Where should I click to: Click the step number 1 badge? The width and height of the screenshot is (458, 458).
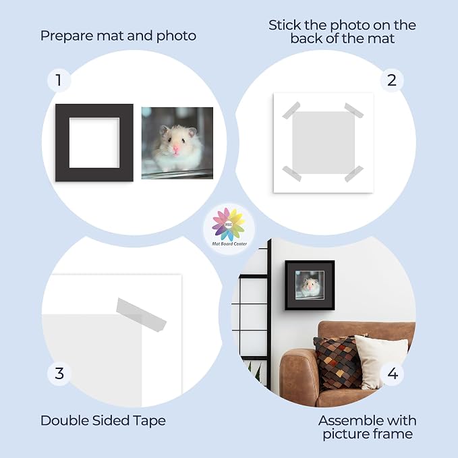coord(59,80)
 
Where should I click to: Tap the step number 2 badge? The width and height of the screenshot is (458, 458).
coord(392,80)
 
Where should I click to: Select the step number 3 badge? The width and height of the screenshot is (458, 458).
coord(59,374)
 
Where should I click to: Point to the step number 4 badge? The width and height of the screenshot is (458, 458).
coord(393,374)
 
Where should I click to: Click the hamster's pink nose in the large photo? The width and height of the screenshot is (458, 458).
coord(175,149)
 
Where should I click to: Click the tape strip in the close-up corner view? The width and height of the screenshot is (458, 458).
coord(142,315)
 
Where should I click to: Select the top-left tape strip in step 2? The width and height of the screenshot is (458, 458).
coord(291,110)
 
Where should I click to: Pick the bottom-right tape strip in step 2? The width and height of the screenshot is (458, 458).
coord(354,174)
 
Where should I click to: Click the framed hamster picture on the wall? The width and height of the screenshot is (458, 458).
coord(310,285)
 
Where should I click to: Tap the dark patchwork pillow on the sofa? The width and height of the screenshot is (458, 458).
coord(339,362)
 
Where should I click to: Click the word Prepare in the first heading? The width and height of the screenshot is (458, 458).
coord(67,36)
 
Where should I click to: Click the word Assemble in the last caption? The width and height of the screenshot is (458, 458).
coord(356,421)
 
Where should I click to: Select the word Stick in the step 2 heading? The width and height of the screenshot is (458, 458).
coord(285,25)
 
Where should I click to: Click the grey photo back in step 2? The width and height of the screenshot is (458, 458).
coord(323,142)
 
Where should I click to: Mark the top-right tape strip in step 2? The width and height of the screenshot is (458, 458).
coord(354,110)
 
